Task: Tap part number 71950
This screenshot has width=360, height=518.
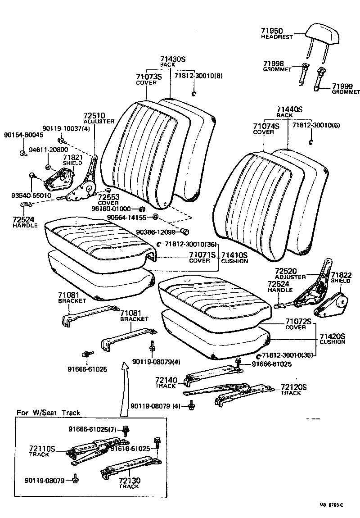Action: pos(271,31)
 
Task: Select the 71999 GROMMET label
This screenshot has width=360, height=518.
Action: pos(346,89)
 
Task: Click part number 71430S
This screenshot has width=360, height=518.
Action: pos(173,59)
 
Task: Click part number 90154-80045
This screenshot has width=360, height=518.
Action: pos(23,135)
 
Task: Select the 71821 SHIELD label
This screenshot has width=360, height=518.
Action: pos(72,160)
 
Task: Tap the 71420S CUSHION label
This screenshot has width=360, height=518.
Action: pos(332,339)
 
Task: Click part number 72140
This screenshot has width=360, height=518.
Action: pos(166,380)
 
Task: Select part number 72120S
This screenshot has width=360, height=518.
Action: pos(293,387)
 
